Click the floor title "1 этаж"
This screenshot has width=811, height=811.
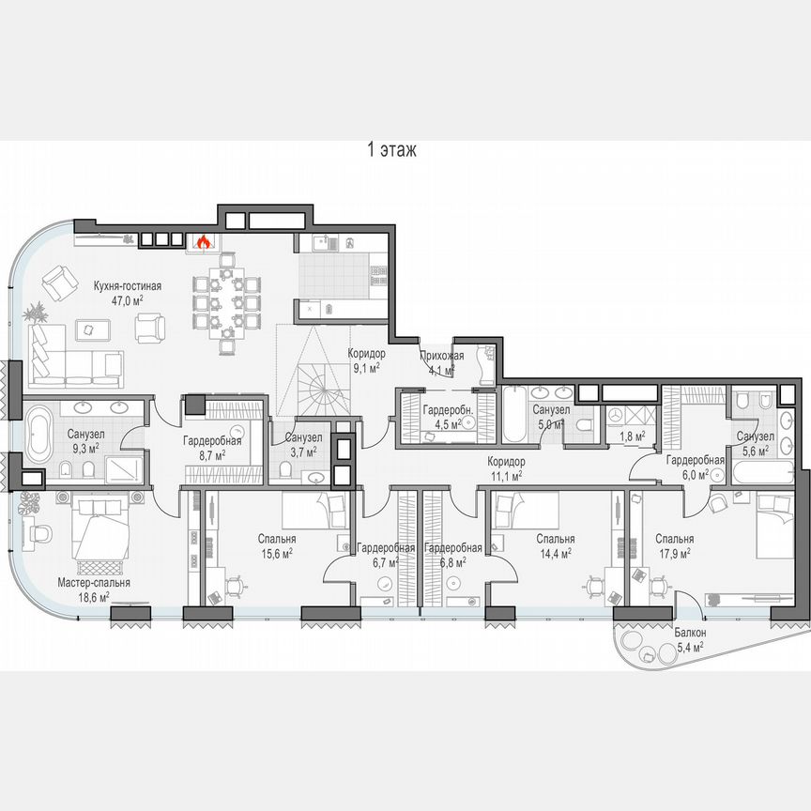(392, 149)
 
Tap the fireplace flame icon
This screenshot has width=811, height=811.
(203, 242)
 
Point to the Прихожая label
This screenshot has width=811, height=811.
(441, 355)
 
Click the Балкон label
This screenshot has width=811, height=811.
(690, 634)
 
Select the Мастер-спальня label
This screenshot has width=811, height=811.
(93, 582)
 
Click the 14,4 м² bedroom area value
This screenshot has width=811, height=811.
(555, 553)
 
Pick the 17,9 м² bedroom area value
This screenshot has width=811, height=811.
(675, 553)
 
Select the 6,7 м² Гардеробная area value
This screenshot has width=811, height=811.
(386, 562)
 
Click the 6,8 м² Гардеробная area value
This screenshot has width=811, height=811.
(452, 562)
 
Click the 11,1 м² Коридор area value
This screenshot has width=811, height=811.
(505, 477)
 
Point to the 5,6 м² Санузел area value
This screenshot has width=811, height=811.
(754, 451)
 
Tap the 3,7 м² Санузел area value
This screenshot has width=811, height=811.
(302, 451)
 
